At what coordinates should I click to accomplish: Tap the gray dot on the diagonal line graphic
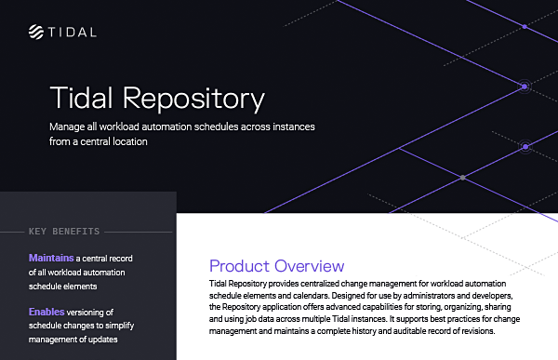tap(462, 176)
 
